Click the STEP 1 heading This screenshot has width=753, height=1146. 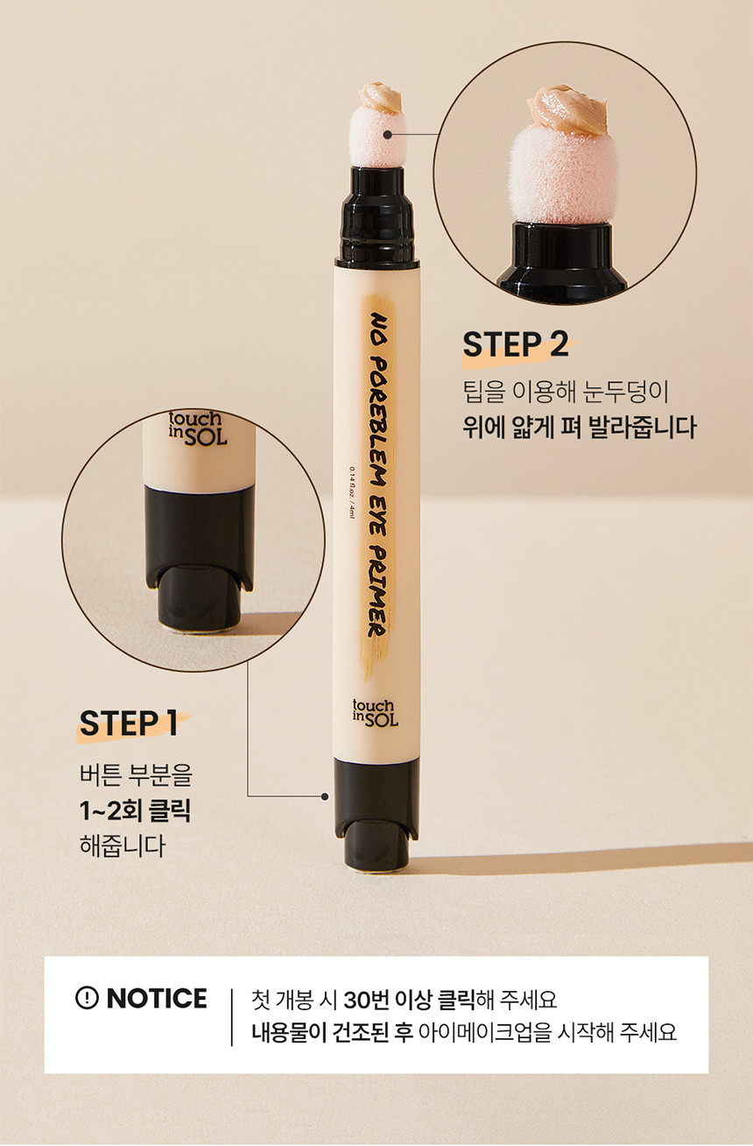pos(129,723)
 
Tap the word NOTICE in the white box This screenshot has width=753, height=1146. pos(157,998)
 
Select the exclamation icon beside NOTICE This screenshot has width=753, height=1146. pos(87,998)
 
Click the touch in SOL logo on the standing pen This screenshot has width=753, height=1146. pos(376,712)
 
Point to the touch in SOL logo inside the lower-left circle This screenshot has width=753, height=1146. pos(198,428)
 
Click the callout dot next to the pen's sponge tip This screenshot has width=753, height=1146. pos(388,135)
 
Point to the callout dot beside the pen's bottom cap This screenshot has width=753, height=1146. pos(324,796)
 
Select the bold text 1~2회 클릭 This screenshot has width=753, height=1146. pos(135,811)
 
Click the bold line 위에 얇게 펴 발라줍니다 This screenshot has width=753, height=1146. pos(579,427)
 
